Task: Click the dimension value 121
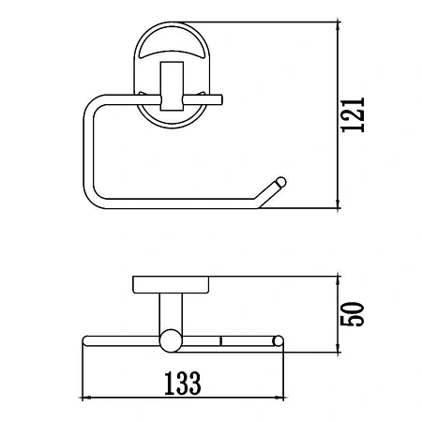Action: tap(354, 115)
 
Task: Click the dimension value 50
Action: tap(353, 314)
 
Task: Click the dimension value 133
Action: tap(183, 384)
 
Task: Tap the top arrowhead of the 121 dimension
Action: tap(338, 26)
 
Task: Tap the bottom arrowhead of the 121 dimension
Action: tap(338, 204)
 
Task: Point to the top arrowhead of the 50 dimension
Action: tap(338, 280)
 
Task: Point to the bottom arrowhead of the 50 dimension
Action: tap(338, 348)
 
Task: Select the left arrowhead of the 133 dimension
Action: tap(86, 398)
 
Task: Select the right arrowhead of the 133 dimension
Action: tap(279, 398)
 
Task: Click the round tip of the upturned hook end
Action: tap(280, 182)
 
